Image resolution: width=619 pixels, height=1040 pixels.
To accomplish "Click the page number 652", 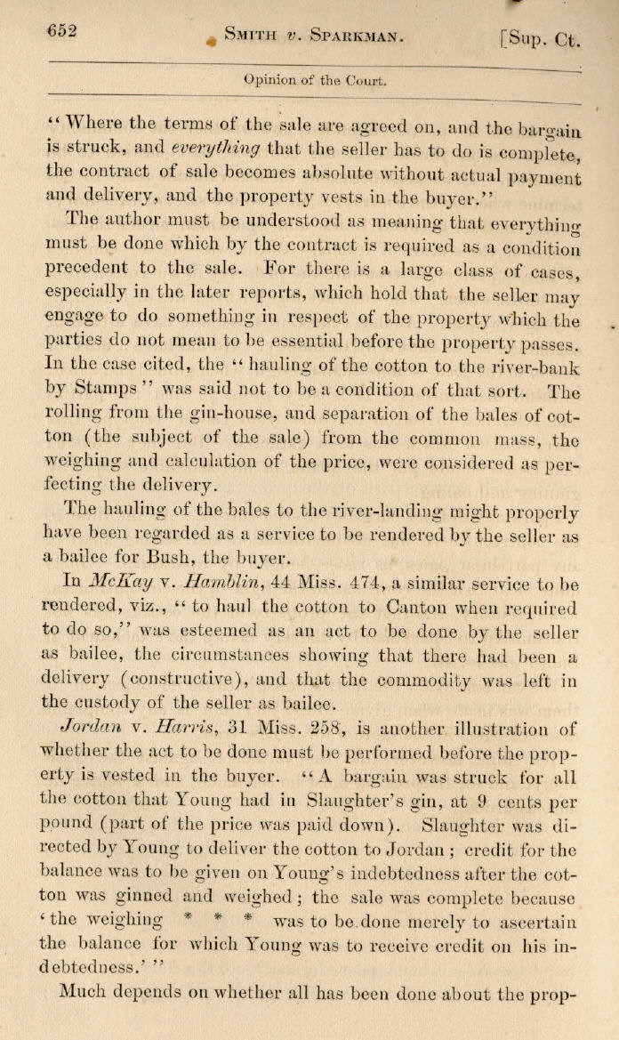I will (x=62, y=31).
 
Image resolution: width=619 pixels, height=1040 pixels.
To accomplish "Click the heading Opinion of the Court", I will (x=315, y=80).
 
